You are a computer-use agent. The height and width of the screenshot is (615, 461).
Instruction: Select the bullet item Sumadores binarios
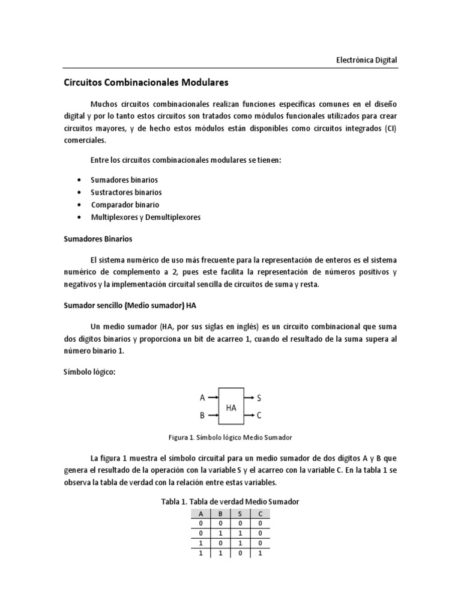point(124,180)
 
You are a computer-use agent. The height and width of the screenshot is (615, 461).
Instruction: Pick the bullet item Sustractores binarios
point(126,192)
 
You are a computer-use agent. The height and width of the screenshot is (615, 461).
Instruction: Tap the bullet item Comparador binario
point(125,205)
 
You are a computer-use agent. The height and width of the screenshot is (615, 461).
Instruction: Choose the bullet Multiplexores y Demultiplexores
point(146,217)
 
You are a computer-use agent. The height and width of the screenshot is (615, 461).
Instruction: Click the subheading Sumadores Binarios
point(98,238)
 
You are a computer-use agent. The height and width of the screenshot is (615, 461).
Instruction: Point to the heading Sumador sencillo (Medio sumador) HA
point(130,305)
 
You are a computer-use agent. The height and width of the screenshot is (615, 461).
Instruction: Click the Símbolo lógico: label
point(89,372)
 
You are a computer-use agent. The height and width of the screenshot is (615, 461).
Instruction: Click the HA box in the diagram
point(231,407)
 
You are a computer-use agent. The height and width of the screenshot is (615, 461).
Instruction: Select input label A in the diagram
point(202,398)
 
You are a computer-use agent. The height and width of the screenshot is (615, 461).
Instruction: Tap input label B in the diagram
point(202,415)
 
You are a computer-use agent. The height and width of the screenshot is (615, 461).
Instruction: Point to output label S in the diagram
point(259,398)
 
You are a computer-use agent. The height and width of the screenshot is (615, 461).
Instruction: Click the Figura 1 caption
point(231,437)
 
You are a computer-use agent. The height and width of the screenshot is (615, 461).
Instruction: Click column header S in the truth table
point(240,514)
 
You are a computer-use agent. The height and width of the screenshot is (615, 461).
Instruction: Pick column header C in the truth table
point(261,514)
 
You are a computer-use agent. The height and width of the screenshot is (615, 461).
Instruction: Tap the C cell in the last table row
point(261,554)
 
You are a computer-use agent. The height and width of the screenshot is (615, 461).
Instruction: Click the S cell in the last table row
point(240,554)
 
